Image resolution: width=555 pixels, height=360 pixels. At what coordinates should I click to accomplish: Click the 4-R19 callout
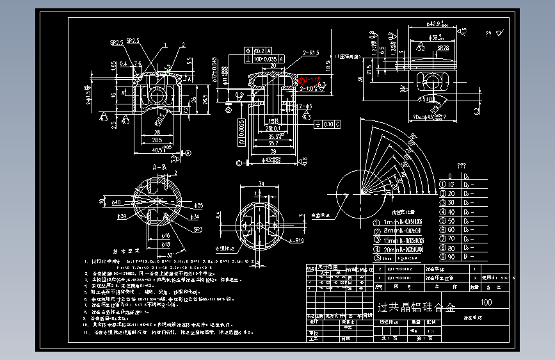coord(296,241)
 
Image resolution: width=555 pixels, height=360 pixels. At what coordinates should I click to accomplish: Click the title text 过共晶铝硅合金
coord(415,308)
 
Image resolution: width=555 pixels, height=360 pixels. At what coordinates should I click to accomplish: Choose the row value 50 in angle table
coord(452,221)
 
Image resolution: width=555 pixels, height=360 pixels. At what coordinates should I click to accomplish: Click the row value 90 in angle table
coord(452,257)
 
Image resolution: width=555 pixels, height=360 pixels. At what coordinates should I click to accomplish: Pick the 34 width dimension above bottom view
coord(261,183)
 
